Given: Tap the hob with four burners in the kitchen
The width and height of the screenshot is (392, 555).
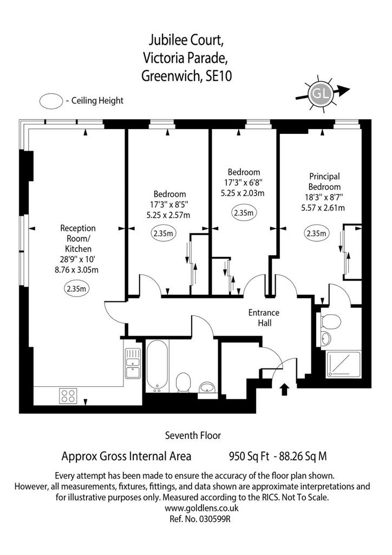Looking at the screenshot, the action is pyautogui.click(x=69, y=396).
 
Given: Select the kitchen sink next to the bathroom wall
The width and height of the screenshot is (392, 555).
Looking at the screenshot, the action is pyautogui.click(x=133, y=364).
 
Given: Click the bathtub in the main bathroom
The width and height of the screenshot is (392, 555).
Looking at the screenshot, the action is pyautogui.click(x=157, y=366).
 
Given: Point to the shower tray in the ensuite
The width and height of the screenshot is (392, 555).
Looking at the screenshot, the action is pyautogui.click(x=344, y=364).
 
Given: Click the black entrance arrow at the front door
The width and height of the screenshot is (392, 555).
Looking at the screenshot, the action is pyautogui.click(x=285, y=389).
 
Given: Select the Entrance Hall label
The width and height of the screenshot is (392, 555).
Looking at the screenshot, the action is pyautogui.click(x=264, y=318).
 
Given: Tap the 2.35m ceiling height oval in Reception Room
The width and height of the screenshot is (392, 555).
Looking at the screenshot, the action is pyautogui.click(x=76, y=288).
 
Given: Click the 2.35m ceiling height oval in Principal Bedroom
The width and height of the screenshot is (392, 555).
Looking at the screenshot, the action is pyautogui.click(x=316, y=233).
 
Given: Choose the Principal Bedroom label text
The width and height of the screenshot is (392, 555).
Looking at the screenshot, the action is pyautogui.click(x=324, y=182).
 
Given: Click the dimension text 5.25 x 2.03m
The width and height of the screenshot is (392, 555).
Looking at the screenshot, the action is pyautogui.click(x=243, y=193).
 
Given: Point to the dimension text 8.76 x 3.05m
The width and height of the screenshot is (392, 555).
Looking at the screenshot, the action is pyautogui.click(x=76, y=270).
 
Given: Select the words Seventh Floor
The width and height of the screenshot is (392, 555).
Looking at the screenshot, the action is pyautogui.click(x=193, y=435).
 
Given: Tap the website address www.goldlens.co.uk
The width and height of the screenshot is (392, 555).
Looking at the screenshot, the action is pyautogui.click(x=202, y=508).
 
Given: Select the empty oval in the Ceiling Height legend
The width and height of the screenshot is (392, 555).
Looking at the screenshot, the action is pyautogui.click(x=51, y=100).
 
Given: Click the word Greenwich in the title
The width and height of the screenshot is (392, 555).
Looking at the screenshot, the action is pyautogui.click(x=171, y=76).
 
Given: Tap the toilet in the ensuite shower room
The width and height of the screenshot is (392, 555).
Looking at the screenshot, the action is pyautogui.click(x=331, y=321).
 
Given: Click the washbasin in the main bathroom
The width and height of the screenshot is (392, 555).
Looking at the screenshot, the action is pyautogui.click(x=208, y=388).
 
